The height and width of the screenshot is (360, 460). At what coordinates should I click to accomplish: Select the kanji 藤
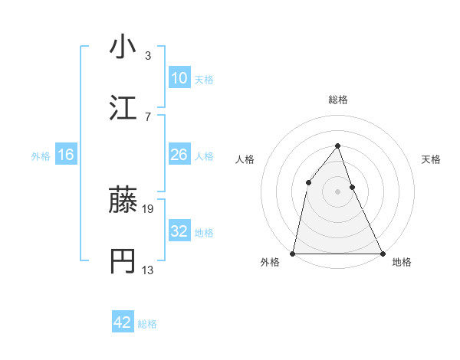point(123,201)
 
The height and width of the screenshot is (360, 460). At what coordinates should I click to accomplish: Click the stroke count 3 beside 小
point(148,55)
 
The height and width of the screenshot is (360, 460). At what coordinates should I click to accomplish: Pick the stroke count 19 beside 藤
point(149,208)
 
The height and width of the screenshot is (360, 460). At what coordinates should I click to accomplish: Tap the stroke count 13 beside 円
point(149,270)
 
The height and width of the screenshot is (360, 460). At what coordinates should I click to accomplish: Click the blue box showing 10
point(179,78)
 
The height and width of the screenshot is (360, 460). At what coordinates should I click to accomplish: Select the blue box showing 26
point(179,155)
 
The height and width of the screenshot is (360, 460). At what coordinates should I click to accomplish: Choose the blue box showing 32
point(179,231)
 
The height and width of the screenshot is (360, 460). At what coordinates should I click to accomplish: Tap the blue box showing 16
point(66,155)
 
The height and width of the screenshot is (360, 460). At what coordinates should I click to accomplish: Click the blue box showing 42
point(122,322)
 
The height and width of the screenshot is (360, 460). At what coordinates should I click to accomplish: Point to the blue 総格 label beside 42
point(147,324)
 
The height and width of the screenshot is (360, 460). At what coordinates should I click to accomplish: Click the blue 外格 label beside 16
point(41,156)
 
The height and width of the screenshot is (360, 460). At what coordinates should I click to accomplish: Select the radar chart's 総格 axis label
point(337,100)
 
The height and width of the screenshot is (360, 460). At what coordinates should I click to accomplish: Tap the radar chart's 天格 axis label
point(432,159)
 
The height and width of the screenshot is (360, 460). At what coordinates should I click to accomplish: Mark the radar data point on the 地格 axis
point(382,253)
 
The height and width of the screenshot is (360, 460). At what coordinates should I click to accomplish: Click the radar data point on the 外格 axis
point(293,253)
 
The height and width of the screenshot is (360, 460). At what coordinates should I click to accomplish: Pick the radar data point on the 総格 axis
point(337,146)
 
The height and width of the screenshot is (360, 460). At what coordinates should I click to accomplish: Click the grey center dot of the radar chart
point(337,191)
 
